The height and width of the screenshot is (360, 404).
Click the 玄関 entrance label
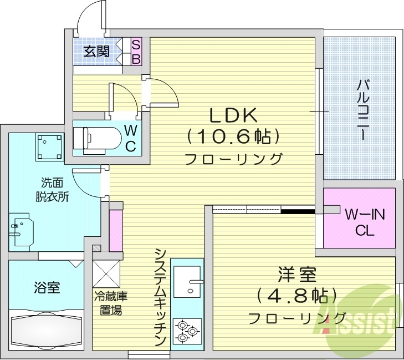tap(96, 52)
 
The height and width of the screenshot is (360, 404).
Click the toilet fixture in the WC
tap(97, 139)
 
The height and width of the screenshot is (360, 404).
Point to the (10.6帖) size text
tap(233, 136)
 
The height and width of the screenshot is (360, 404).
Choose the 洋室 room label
tap(296, 275)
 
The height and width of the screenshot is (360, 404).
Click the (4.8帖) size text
tap(297, 296)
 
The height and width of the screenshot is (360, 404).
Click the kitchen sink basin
tap(187, 281)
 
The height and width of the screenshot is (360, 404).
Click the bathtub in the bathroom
tap(48, 331)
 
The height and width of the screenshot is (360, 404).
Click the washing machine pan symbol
tap(48, 146)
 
